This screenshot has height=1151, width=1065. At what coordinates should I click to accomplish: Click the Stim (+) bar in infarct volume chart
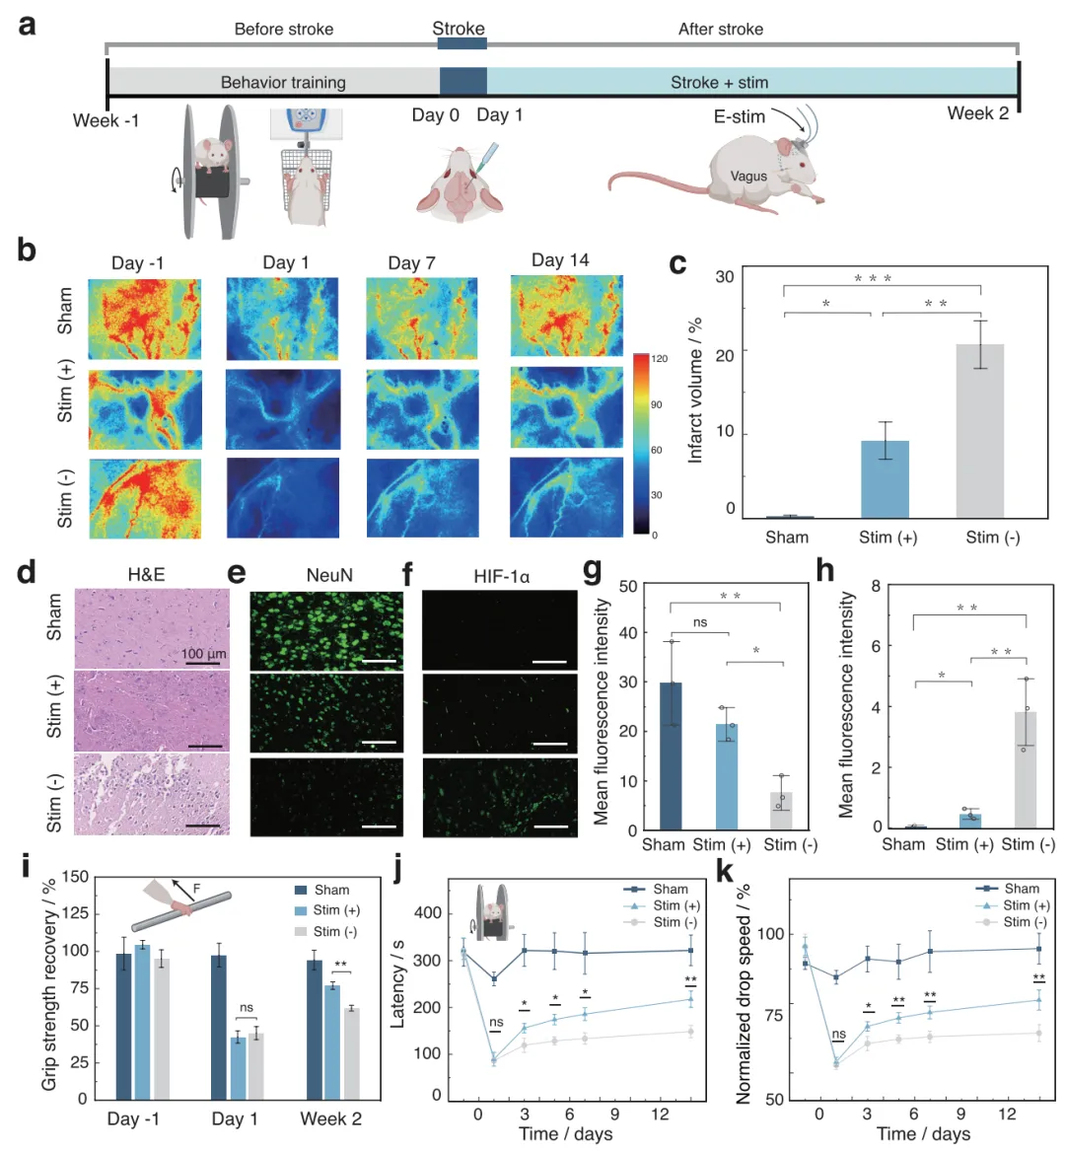point(885,479)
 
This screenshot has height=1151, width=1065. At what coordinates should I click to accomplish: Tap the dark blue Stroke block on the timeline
point(462,81)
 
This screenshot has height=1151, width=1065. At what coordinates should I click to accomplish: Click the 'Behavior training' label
point(283,82)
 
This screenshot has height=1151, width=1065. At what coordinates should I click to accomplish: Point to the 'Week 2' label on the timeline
point(977,113)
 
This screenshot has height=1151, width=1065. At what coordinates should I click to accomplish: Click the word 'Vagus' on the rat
point(748,177)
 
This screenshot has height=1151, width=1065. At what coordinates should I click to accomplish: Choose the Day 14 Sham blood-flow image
point(566,316)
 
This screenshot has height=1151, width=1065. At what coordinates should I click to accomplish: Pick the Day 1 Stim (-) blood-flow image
point(282,498)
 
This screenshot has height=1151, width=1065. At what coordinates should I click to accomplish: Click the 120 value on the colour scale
point(660,359)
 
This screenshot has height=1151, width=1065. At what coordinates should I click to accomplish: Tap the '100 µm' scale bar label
point(204,653)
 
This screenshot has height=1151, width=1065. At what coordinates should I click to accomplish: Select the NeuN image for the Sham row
point(326,630)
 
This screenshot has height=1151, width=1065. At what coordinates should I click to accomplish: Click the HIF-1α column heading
point(501,575)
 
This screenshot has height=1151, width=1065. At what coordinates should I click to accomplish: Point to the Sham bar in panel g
point(671,755)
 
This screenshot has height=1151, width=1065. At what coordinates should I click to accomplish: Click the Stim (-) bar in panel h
point(1026,769)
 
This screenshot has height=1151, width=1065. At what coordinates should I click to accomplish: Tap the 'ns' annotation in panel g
point(700,622)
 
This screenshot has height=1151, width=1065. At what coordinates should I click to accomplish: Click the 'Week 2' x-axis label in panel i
point(331,1118)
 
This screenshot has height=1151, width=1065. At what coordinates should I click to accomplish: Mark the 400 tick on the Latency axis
point(427,913)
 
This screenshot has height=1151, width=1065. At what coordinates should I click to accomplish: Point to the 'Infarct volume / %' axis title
point(695,391)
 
